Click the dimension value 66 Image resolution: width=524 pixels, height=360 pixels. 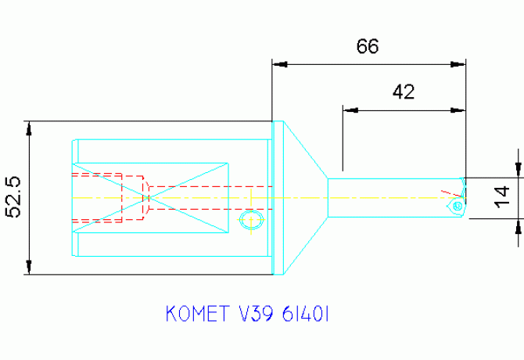[x=368, y=46]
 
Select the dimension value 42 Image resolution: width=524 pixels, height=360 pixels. [x=403, y=92]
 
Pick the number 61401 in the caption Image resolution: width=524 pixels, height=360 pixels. [x=310, y=315]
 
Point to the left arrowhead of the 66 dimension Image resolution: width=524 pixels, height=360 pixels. [x=278, y=64]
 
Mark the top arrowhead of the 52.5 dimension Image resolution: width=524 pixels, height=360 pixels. [x=29, y=128]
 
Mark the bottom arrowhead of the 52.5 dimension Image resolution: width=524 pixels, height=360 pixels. [x=29, y=269]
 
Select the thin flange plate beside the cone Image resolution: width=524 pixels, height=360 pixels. [x=277, y=198]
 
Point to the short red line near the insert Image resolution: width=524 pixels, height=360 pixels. [x=447, y=192]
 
